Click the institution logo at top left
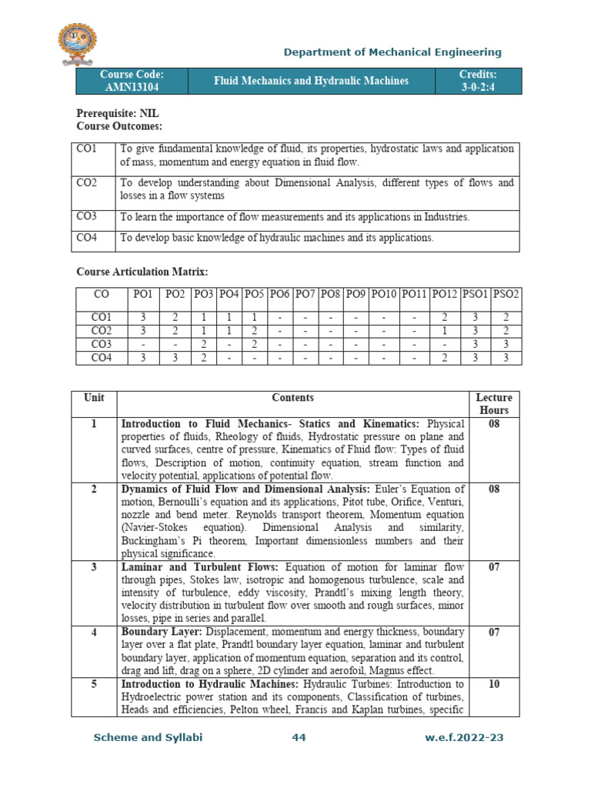(x=82, y=45)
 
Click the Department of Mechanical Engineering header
(x=392, y=52)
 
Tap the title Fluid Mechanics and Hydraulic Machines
(x=311, y=81)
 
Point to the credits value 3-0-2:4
(x=479, y=87)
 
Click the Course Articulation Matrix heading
(x=142, y=272)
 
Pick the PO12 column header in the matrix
(x=445, y=294)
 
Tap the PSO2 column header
(x=506, y=294)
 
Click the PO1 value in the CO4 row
(x=142, y=357)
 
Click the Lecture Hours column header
(x=493, y=404)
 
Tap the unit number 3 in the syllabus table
(x=93, y=566)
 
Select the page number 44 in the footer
(x=299, y=737)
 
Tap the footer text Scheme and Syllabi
(x=148, y=737)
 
